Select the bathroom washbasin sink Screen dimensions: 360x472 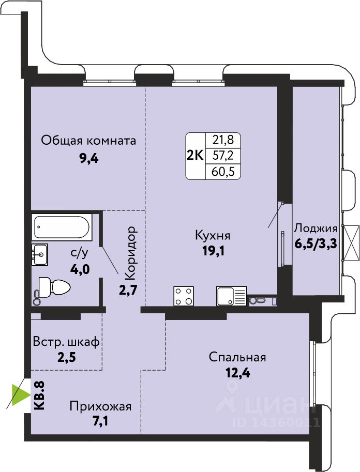40,254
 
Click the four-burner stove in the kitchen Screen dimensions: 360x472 184,296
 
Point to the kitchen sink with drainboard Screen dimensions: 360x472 231,296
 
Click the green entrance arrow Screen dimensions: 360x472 21,394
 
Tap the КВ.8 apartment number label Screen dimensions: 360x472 39,395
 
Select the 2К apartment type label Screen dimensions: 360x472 196,156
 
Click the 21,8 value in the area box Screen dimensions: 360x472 223,140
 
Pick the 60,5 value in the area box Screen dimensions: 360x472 223,172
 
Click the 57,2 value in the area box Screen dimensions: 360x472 223,156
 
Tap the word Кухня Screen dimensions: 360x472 213,235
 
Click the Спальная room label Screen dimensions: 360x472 237,357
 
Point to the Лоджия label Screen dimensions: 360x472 316,229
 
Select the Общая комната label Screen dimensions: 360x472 88,141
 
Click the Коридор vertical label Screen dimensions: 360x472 131,253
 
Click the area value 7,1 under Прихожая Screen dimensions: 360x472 100,421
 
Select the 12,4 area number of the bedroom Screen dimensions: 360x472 238,373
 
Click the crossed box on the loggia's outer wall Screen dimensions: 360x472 352,242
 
